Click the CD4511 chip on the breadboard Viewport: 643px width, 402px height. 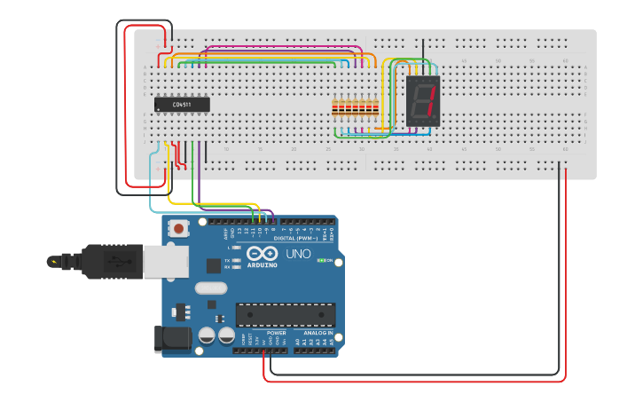click(182, 104)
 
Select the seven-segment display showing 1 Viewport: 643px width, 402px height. click(423, 100)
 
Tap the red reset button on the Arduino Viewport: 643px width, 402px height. click(179, 229)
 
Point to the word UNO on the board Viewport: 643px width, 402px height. click(298, 254)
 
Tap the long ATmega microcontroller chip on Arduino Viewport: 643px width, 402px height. click(285, 314)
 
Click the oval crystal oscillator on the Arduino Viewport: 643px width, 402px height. click(211, 288)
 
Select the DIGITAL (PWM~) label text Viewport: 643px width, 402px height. click(293, 238)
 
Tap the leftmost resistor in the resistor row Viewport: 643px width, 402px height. click(335, 109)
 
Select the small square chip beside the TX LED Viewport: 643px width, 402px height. click(214, 264)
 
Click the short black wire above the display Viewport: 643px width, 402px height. click(423, 51)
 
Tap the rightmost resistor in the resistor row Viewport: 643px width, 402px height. click(375, 109)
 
